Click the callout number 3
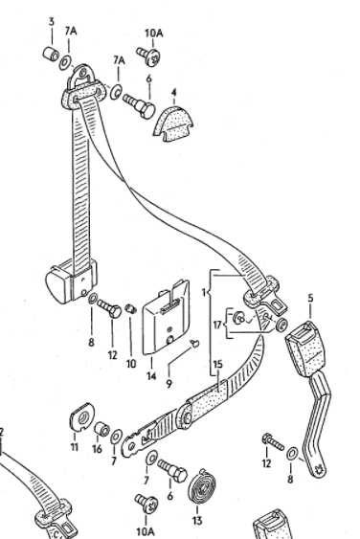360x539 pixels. point(52,22)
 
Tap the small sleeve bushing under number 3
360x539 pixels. point(51,54)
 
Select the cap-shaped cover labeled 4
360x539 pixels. point(173,124)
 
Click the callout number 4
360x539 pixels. point(174,93)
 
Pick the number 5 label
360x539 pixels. point(310,298)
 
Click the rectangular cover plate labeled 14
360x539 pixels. point(166,317)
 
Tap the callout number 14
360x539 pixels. point(151,375)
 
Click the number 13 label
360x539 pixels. point(197,521)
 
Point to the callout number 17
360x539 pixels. point(217,325)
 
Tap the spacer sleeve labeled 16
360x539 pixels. point(101,429)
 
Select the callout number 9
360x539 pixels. point(169,384)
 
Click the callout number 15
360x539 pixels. point(218,364)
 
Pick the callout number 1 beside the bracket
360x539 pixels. point(204,293)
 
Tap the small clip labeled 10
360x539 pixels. point(131,308)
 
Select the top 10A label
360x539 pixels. point(154,34)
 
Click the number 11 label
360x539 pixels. point(75,447)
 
